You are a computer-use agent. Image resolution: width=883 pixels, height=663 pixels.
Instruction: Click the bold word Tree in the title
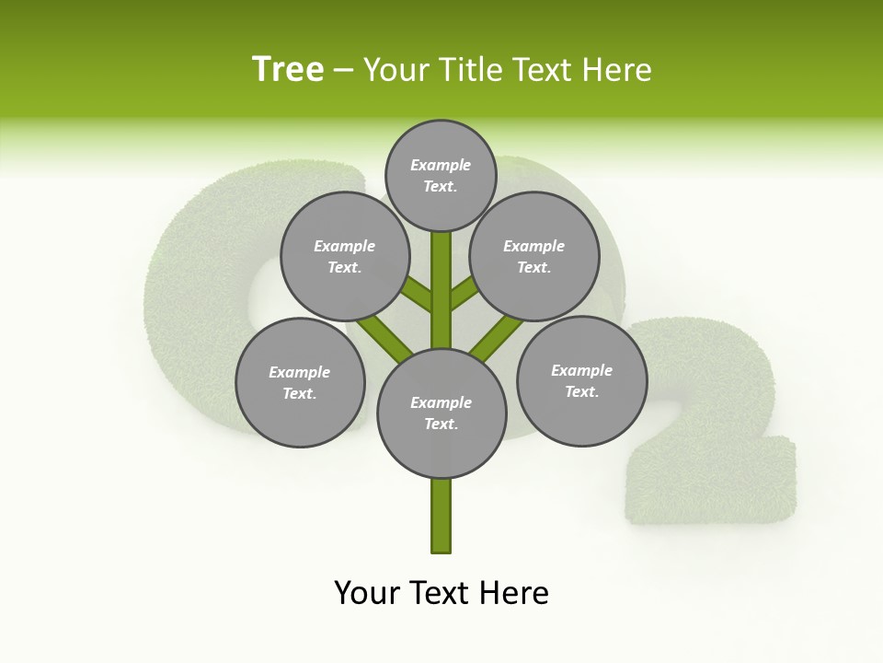click(288, 70)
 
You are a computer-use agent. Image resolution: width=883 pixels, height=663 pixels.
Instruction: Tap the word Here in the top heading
click(617, 70)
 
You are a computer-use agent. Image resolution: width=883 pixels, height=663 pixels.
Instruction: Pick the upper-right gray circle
click(534, 256)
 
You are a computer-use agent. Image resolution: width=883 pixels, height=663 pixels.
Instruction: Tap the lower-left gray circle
click(300, 382)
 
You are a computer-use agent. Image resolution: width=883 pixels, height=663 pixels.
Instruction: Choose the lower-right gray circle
click(581, 380)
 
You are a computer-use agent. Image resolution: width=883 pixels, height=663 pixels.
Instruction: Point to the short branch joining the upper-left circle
click(418, 295)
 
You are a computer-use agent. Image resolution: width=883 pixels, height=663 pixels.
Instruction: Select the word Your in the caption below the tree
click(367, 593)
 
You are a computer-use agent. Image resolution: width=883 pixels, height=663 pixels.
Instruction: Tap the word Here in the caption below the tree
click(516, 593)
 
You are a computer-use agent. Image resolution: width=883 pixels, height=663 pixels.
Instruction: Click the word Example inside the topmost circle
click(441, 165)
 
